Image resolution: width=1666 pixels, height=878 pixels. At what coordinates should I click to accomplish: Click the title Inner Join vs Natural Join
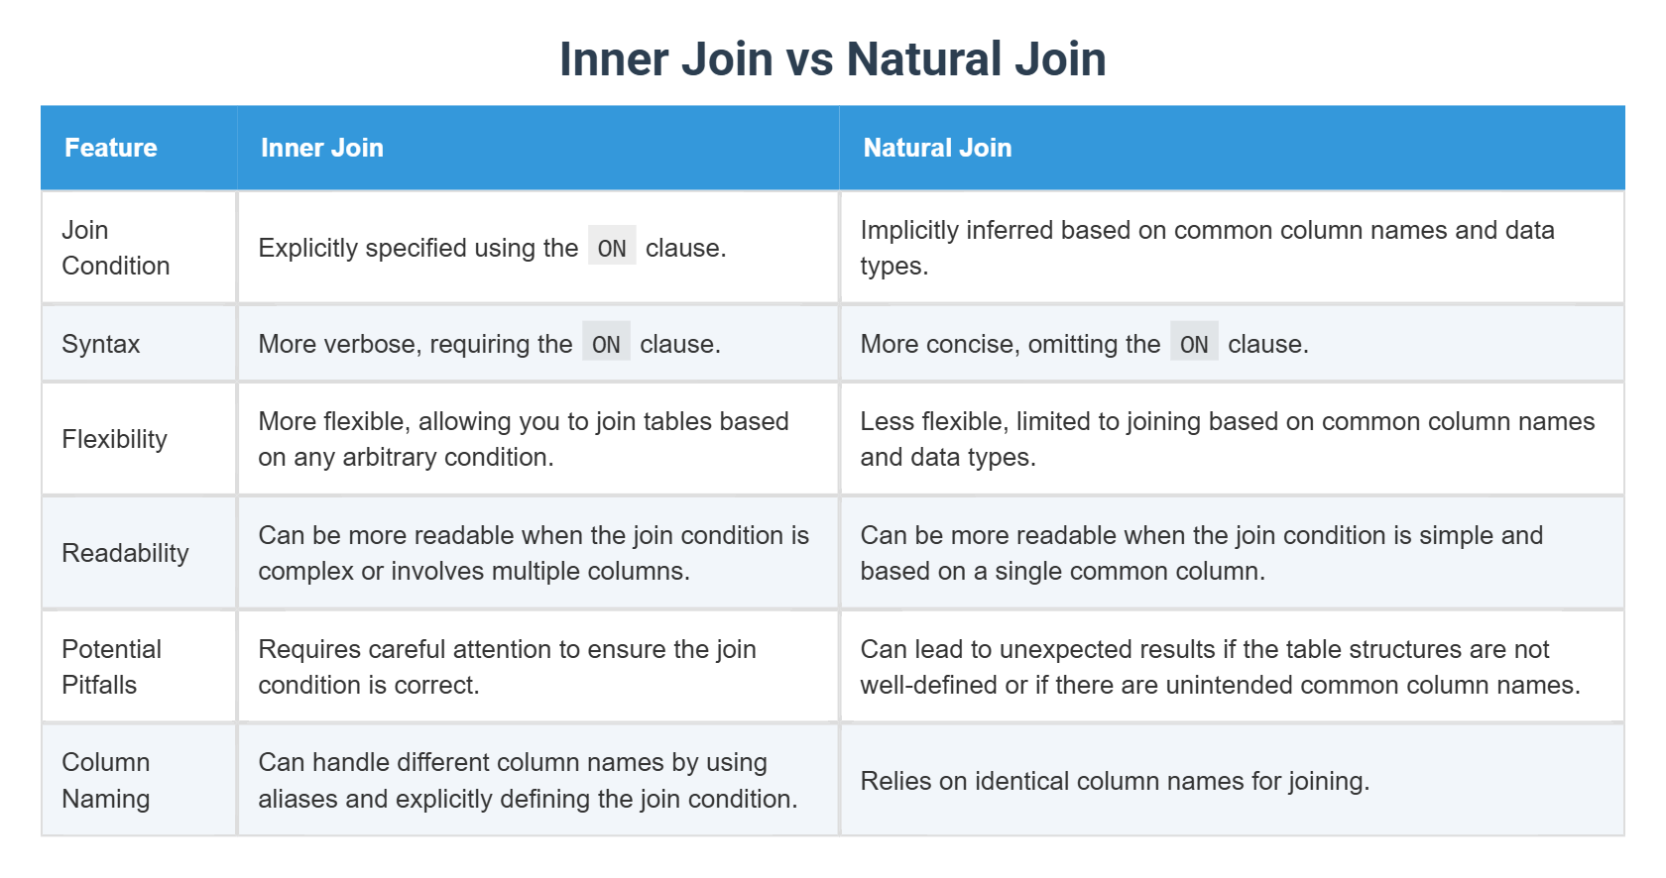coord(832,58)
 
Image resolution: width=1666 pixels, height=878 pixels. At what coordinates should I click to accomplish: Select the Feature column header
coord(111,148)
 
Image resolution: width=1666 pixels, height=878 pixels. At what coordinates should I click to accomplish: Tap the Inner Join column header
coord(321,148)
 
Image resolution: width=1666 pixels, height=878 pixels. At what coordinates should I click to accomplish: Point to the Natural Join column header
coord(937,148)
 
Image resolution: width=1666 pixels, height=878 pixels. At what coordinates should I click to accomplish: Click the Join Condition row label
coord(115,248)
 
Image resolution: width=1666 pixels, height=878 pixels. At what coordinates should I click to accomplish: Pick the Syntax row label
coord(100,344)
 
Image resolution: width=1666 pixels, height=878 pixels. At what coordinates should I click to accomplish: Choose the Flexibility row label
coord(114,439)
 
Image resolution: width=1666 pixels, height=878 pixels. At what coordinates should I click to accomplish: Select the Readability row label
coord(125,553)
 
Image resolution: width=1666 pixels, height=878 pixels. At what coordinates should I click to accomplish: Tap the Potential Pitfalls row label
coord(111,667)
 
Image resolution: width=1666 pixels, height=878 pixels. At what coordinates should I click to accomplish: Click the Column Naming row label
coord(106,781)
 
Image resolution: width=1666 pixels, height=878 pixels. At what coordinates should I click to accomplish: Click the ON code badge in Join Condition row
coord(612,248)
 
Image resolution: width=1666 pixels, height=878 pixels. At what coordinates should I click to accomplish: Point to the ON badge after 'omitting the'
coord(1194,344)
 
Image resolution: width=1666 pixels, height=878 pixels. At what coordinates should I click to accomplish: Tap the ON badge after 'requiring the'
coord(606,344)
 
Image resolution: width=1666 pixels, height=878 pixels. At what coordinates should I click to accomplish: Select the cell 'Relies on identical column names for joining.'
coord(1115,781)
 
